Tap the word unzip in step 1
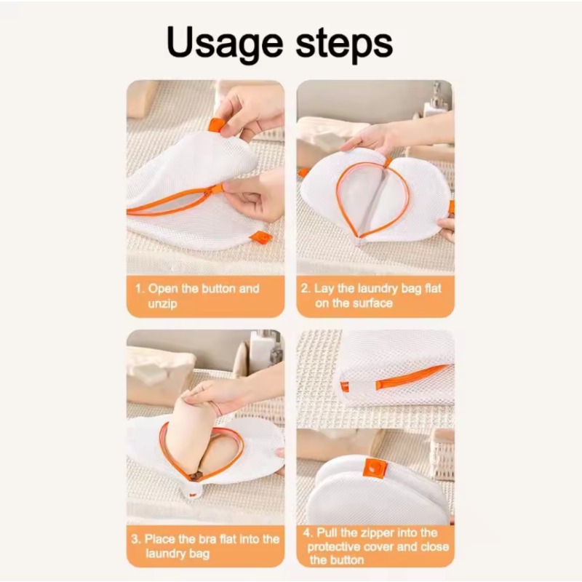162,303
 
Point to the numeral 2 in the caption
306,289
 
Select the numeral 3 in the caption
135,539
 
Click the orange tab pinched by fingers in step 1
216,124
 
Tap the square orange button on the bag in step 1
260,236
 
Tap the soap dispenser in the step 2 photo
436,102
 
